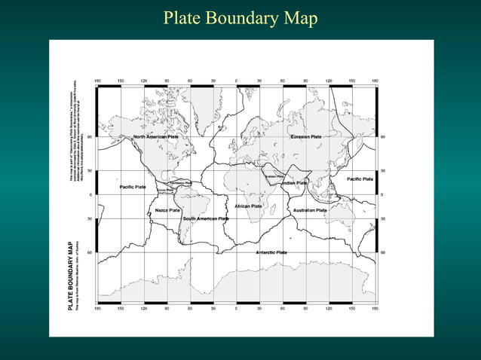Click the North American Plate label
pyautogui.click(x=155, y=137)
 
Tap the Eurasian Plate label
pyautogui.click(x=306, y=137)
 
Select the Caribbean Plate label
pyautogui.click(x=180, y=183)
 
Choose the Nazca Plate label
pyautogui.click(x=167, y=210)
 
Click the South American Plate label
pyautogui.click(x=205, y=218)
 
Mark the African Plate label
pyautogui.click(x=248, y=206)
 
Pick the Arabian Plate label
pyautogui.click(x=274, y=177)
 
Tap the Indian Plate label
pyautogui.click(x=294, y=183)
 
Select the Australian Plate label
pyautogui.click(x=310, y=210)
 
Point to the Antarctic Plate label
pyautogui.click(x=271, y=252)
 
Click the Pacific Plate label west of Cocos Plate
pyautogui.click(x=132, y=187)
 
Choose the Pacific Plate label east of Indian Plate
pyautogui.click(x=360, y=179)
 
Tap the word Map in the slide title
pyautogui.click(x=300, y=17)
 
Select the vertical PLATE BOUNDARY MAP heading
pyautogui.click(x=70, y=276)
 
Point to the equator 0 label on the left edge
pyautogui.click(x=90, y=195)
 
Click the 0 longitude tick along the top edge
pyautogui.click(x=236, y=81)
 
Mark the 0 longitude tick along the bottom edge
pyautogui.click(x=236, y=308)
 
